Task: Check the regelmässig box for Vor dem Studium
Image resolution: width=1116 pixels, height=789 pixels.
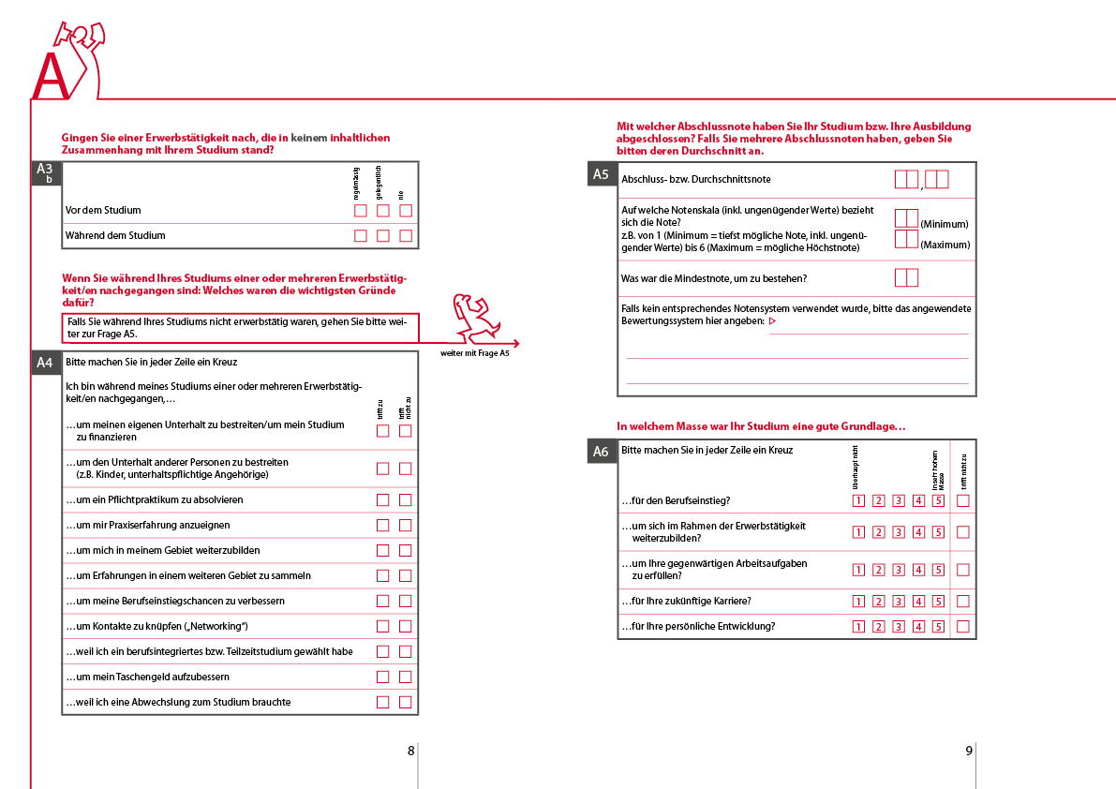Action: [x=361, y=211]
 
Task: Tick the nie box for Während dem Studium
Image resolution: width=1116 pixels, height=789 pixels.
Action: [x=406, y=236]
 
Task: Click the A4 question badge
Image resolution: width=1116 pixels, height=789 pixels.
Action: [x=46, y=364]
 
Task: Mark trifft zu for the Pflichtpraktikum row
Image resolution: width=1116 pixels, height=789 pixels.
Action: [x=382, y=500]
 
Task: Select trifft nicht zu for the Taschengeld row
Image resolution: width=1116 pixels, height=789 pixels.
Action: [x=405, y=677]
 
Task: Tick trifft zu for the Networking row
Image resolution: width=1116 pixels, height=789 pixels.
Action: [x=382, y=626]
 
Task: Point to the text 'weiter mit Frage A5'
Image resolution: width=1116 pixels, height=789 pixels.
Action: [x=475, y=353]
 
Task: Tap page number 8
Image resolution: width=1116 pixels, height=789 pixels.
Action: [x=410, y=751]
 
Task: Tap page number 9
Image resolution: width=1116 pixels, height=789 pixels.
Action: [x=969, y=751]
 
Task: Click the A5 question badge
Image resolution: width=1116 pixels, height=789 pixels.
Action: [x=602, y=174]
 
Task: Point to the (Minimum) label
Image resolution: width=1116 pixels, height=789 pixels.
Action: [x=945, y=224]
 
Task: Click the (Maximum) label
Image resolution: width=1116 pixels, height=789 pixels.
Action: [x=945, y=245]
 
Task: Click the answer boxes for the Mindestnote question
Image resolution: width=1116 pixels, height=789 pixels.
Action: [x=906, y=277]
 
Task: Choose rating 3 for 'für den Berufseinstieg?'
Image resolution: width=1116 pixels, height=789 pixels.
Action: [x=898, y=501]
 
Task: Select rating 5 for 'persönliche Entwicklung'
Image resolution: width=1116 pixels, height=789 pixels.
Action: [x=938, y=627]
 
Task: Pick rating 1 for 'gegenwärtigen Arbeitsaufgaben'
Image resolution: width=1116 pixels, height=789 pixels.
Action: [x=857, y=570]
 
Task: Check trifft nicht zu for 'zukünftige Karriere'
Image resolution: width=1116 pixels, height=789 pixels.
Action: [x=963, y=602]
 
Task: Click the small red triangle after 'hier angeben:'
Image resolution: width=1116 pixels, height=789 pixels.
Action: [x=773, y=321]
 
